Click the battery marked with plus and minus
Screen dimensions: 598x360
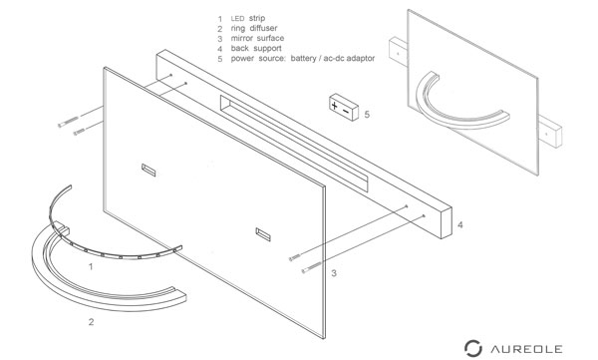point(344,108)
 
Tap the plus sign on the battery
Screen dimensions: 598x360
point(335,105)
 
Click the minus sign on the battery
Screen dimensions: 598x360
point(346,111)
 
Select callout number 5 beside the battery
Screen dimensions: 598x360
point(367,114)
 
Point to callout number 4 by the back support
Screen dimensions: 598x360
point(460,224)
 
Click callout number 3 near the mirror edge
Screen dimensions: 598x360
point(334,273)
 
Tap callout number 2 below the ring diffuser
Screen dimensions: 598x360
point(91,322)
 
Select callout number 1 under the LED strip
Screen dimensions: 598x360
point(91,266)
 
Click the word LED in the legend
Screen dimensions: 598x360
point(237,18)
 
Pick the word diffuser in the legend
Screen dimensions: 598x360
point(263,28)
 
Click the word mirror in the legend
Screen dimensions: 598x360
point(242,38)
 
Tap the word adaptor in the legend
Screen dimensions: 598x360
point(361,59)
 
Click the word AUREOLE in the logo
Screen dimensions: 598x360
point(526,349)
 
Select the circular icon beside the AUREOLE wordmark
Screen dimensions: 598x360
point(472,348)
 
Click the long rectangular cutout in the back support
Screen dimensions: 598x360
point(294,144)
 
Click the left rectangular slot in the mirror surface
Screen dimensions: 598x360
point(149,170)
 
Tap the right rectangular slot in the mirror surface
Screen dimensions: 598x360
point(263,234)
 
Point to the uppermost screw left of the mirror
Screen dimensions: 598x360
point(68,122)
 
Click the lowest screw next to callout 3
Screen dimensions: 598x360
point(312,267)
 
